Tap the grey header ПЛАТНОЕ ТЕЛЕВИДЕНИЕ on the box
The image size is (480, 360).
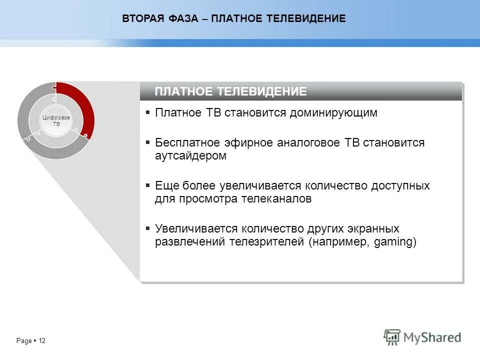click(x=230, y=91)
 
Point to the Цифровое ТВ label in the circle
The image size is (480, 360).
click(x=56, y=120)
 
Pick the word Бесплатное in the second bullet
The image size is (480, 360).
click(x=183, y=142)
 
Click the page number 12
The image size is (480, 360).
click(x=42, y=341)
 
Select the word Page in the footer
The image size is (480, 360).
click(x=23, y=341)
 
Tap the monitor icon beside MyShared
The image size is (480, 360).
click(x=392, y=337)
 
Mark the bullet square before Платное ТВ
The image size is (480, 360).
click(x=148, y=113)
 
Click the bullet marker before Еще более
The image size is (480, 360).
click(x=148, y=185)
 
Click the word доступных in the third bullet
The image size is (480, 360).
click(x=400, y=185)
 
